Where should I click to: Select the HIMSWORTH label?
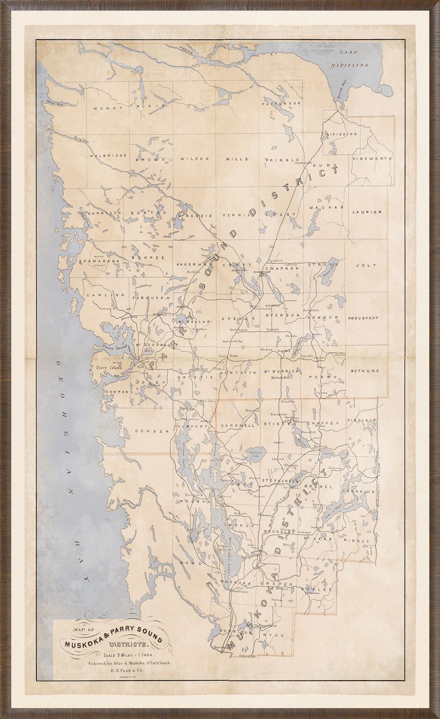click(372, 158)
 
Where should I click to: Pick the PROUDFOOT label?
click(363, 318)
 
